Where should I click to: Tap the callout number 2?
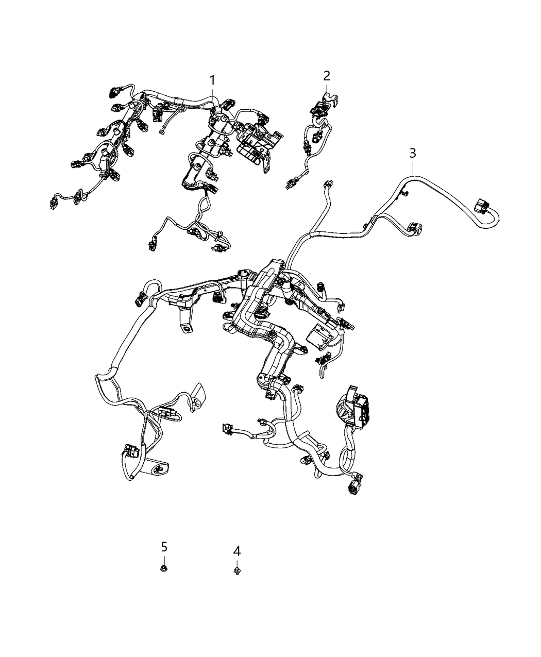[327, 76]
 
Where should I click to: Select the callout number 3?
[412, 153]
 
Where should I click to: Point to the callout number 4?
[236, 551]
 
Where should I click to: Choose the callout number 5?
[164, 546]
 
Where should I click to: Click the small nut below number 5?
[164, 568]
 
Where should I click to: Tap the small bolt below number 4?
[236, 570]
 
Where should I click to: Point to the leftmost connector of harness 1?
[54, 201]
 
